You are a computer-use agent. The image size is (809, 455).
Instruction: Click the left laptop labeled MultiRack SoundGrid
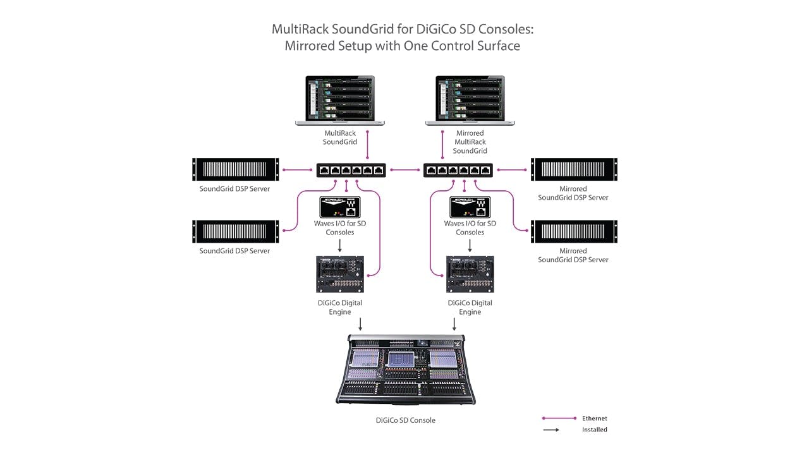tap(341, 100)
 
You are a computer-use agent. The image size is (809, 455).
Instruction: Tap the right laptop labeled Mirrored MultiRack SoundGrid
tap(470, 100)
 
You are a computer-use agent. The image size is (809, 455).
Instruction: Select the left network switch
tap(351, 169)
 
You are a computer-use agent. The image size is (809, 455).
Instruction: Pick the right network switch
tap(458, 169)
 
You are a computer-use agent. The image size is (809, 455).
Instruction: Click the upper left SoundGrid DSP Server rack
tap(236, 169)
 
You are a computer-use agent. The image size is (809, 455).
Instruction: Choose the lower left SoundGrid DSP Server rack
tap(236, 231)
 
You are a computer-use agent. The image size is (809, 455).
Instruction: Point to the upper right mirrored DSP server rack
tap(574, 169)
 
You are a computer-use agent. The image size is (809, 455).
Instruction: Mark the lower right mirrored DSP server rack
tap(574, 231)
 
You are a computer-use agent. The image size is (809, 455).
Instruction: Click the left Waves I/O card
tap(341, 207)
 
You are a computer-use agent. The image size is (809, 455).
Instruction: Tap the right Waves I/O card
tap(470, 207)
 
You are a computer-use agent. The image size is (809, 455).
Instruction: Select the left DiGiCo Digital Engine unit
tap(340, 274)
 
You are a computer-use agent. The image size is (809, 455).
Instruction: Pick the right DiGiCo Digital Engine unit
tap(470, 274)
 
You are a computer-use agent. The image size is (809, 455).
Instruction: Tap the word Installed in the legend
tap(594, 430)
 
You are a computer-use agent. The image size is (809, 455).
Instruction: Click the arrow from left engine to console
tap(360, 324)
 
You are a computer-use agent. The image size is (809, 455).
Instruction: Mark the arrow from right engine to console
tap(454, 324)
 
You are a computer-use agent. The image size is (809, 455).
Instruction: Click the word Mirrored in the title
tap(313, 46)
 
